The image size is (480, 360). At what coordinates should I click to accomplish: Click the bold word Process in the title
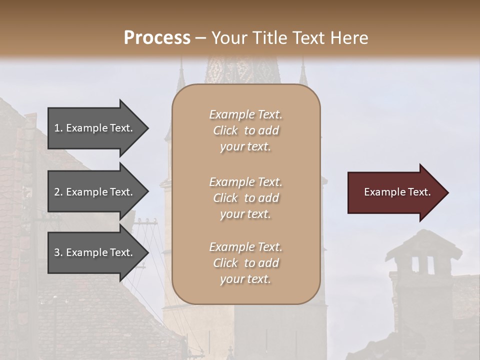[x=157, y=37]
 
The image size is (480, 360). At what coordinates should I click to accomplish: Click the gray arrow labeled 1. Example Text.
[x=95, y=128]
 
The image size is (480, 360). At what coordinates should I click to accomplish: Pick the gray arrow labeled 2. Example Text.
[x=95, y=192]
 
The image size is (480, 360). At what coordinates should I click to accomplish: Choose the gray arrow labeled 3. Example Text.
[x=95, y=252]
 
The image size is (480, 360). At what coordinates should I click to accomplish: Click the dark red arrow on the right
[x=395, y=192]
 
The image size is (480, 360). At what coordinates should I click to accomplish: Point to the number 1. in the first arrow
[x=58, y=128]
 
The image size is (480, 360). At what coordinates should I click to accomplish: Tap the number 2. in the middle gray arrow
[x=58, y=192]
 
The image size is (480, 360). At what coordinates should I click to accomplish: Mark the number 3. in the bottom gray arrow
[x=58, y=252]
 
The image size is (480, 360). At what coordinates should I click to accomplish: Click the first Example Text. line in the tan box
[x=246, y=114]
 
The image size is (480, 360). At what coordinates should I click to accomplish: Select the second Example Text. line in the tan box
[x=246, y=181]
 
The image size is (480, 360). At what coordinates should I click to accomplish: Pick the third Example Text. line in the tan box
[x=246, y=247]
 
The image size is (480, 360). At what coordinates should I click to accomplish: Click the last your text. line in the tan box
[x=246, y=279]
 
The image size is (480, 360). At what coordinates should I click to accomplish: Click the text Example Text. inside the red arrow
[x=397, y=192]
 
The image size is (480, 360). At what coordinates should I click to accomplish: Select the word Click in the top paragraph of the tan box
[x=225, y=130]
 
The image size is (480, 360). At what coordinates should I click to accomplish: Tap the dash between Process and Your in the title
[x=201, y=38]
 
